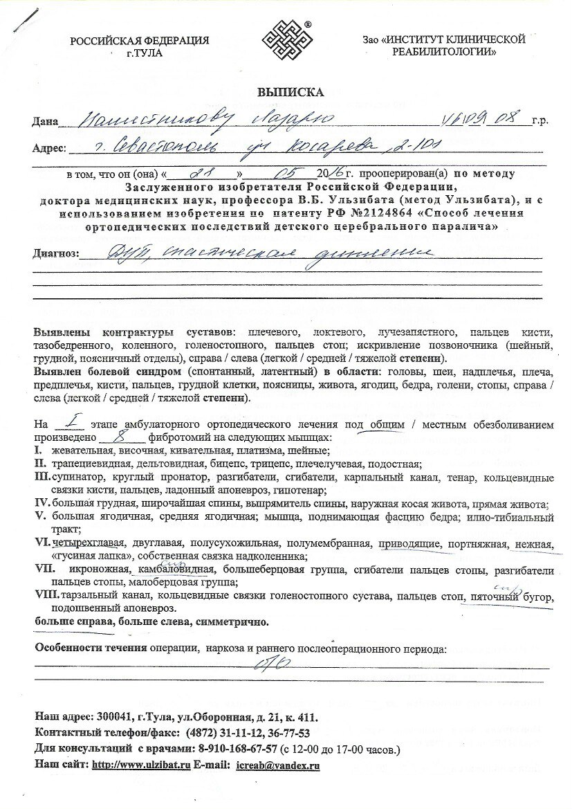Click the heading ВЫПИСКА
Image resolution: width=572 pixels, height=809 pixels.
click(286, 91)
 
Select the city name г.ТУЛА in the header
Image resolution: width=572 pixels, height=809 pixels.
click(140, 53)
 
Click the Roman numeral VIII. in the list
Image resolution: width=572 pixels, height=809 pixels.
click(47, 595)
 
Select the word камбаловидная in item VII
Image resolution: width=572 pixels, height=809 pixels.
click(176, 570)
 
